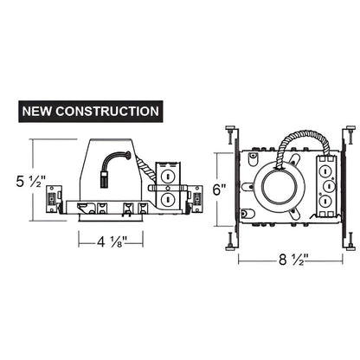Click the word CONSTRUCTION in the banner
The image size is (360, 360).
pos(110,111)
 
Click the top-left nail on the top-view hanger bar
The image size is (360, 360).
pos(229,133)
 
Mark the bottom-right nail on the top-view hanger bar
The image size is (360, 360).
pos(350,243)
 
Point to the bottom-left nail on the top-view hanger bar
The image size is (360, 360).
pos(229,242)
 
